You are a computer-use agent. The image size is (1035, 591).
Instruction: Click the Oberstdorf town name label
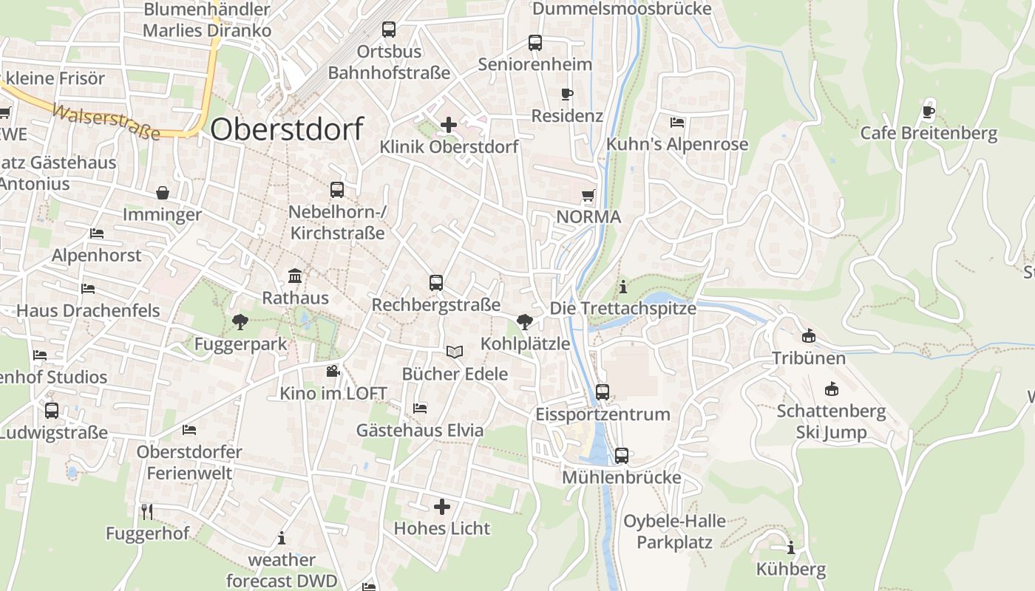287,129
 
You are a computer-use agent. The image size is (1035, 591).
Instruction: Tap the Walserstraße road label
106,122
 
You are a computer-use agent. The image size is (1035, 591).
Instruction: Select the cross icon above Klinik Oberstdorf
449,125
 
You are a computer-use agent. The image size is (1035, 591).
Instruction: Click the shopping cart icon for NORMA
588,196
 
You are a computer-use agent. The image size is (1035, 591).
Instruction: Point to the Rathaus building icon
295,276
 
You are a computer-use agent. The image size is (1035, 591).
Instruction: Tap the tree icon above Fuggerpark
240,321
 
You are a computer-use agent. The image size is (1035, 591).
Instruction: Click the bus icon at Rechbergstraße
436,282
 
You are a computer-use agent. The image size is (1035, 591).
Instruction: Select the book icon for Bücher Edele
455,352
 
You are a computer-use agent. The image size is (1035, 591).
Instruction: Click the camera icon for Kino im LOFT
333,371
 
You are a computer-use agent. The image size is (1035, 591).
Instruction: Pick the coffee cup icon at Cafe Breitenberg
929,112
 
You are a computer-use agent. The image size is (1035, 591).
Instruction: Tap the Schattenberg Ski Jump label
831,421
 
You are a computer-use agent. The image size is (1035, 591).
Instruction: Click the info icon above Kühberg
791,547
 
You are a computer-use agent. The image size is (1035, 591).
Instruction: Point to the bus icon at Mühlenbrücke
622,455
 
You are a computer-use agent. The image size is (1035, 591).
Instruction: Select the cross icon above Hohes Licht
441,506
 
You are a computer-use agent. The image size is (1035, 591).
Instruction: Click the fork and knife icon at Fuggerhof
147,510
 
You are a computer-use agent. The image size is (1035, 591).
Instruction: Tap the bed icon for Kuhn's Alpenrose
677,122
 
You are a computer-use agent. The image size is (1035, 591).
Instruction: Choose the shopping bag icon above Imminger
163,193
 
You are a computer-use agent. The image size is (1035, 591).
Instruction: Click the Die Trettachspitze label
623,308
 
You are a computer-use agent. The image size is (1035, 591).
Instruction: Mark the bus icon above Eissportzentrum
603,392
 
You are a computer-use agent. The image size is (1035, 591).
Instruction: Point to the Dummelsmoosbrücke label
622,9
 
